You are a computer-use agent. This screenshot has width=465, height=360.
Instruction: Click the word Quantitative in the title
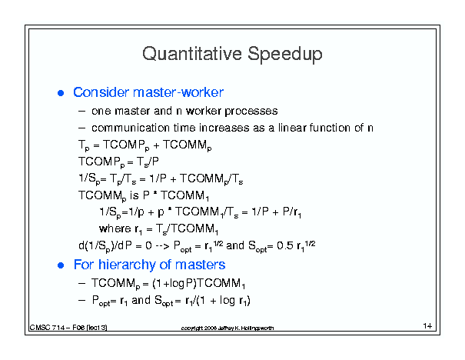point(192,54)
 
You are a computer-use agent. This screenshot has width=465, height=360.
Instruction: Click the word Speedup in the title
point(285,55)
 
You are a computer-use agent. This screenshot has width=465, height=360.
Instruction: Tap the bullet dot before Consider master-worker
point(61,93)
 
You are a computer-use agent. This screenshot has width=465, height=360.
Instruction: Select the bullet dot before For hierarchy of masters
point(61,265)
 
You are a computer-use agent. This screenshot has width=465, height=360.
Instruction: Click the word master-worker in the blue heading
point(178,92)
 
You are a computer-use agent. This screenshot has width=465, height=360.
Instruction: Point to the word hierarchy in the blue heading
point(127,265)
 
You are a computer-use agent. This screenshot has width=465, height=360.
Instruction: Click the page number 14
point(427,326)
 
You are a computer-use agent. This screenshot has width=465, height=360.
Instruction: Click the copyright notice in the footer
point(228,328)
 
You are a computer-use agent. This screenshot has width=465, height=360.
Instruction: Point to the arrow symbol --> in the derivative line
point(162,246)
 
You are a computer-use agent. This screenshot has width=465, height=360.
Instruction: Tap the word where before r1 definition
point(115,228)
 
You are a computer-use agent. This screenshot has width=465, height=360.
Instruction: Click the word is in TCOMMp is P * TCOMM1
point(134,195)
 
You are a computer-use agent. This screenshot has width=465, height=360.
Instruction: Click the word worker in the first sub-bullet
point(204,111)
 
